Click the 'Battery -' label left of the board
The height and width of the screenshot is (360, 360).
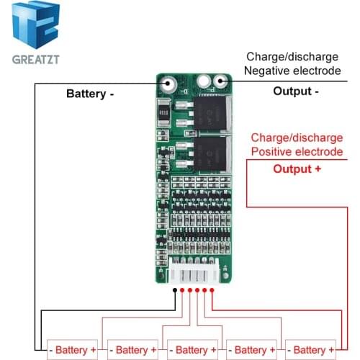pyautogui.click(x=90, y=94)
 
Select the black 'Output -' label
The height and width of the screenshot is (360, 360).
pyautogui.click(x=296, y=91)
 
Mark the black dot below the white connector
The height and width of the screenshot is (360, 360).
pyautogui.click(x=175, y=290)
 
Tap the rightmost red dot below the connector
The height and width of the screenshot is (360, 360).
pyautogui.click(x=214, y=290)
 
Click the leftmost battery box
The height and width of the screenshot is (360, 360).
pyautogui.click(x=73, y=350)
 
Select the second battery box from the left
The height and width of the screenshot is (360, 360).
pyautogui.click(x=132, y=350)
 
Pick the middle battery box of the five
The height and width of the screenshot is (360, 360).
pyautogui.click(x=191, y=350)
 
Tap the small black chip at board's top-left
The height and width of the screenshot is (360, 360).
pyautogui.click(x=162, y=113)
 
